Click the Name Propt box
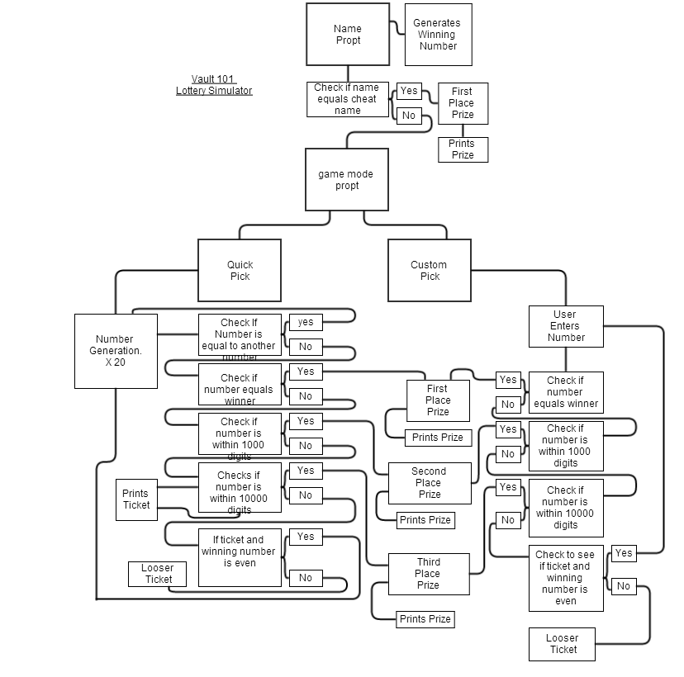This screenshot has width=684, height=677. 347,35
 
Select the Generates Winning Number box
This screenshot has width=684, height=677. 438,35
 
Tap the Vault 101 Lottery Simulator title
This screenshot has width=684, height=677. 214,85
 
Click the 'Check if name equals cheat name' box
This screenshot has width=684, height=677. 347,99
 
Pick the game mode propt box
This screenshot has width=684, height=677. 347,180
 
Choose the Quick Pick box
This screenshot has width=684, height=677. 240,271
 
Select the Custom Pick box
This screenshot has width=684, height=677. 429,271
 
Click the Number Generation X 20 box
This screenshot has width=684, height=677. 115,351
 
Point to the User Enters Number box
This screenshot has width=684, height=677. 566,326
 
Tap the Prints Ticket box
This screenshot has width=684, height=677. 136,499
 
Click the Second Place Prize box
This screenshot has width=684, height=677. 429,483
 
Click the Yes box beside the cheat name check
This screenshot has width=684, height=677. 409,91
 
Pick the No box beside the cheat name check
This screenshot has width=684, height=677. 409,116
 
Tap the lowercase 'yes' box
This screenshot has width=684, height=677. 306,322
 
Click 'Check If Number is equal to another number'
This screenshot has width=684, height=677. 240,338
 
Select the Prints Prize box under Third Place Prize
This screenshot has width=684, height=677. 425,619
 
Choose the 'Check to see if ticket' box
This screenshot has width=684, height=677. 566,578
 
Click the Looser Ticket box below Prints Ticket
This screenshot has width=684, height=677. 157,574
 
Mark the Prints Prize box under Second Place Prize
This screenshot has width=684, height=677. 425,520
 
